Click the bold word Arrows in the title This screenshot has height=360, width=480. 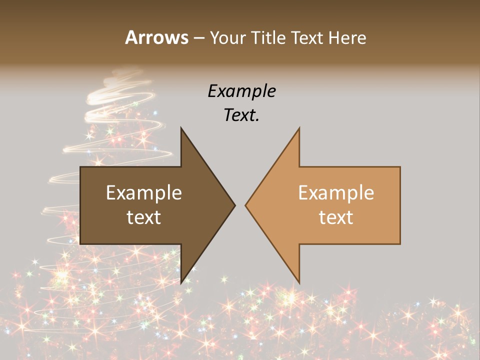[156, 37]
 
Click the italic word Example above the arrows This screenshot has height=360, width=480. [241, 91]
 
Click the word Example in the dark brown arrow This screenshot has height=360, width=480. [144, 192]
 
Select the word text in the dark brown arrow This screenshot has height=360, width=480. [144, 217]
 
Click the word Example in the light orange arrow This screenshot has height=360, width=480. [336, 192]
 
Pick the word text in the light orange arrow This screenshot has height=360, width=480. [336, 217]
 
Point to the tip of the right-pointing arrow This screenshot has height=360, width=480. [234, 205]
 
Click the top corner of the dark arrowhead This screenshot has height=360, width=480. [181, 128]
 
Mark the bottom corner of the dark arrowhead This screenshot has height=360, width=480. [181, 282]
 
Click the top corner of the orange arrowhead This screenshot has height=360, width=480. [299, 128]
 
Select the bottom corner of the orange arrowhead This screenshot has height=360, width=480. [299, 282]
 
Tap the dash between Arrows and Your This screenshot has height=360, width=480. [198, 38]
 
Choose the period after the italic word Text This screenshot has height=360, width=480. [257, 120]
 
